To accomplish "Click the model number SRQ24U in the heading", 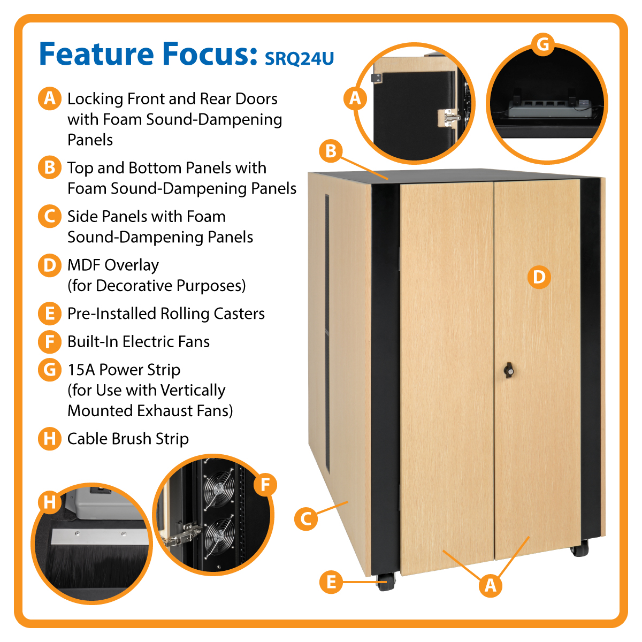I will (x=299, y=58).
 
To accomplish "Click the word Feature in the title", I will (x=96, y=54).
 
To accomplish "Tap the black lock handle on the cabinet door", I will (x=508, y=370).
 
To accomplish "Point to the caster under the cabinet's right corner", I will (x=579, y=548).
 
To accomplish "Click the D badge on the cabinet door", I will (x=539, y=277).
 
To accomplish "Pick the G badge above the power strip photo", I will (x=542, y=44).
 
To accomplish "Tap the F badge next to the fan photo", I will (x=265, y=485).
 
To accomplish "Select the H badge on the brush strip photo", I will (x=50, y=502).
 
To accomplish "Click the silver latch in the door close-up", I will (x=448, y=117).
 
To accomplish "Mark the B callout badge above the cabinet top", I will (x=331, y=151).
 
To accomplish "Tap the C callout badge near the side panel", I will (x=306, y=519).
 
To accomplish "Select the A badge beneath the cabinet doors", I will (x=490, y=585).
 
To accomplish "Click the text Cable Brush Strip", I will (x=128, y=439).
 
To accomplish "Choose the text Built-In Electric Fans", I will (x=139, y=341).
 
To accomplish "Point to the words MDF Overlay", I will (x=113, y=265).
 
